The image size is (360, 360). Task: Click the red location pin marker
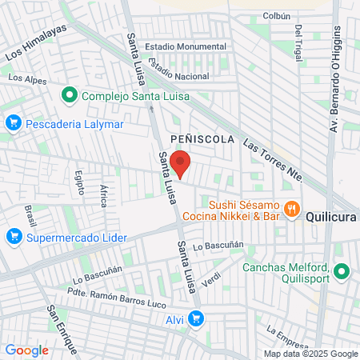click(x=182, y=163)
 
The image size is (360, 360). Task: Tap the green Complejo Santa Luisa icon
click(x=70, y=97)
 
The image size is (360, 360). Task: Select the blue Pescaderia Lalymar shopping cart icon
click(x=13, y=123)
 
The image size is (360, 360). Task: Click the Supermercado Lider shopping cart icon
click(x=13, y=237)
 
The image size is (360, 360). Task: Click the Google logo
click(x=26, y=350)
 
